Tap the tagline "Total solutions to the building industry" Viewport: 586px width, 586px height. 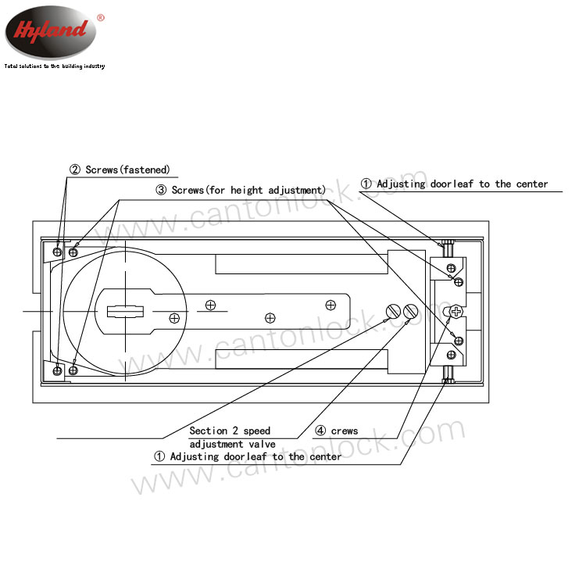click(55, 66)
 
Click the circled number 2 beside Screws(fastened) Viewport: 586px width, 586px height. click(75, 170)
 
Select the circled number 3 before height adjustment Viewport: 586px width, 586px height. click(161, 190)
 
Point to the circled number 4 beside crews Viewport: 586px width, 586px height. click(320, 431)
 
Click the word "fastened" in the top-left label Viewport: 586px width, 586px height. click(145, 170)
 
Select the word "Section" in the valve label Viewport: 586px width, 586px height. click(208, 431)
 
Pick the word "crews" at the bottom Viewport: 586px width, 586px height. click(345, 431)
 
